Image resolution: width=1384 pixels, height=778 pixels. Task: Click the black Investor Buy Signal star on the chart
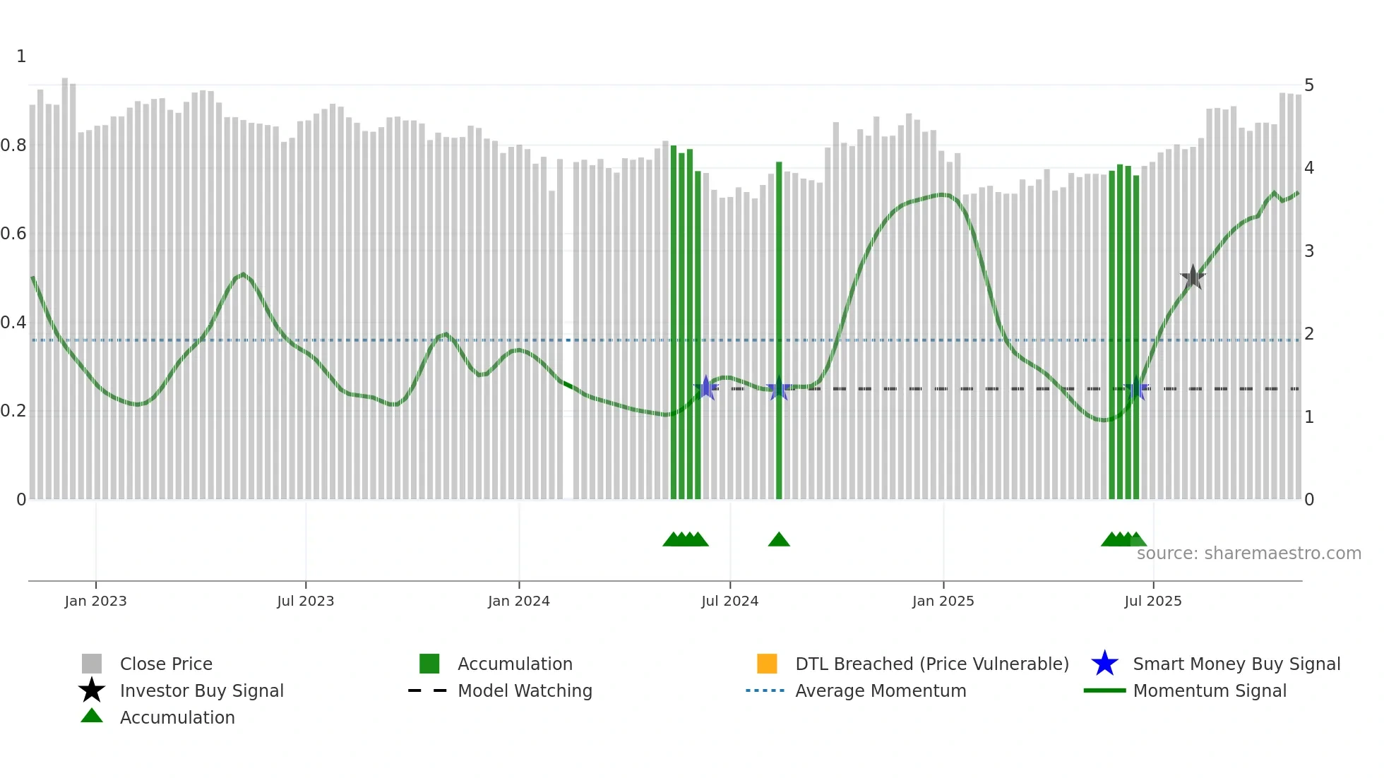coord(1193,277)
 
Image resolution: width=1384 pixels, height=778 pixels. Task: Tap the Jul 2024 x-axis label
coord(729,601)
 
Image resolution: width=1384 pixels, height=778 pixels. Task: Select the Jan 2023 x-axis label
coord(95,601)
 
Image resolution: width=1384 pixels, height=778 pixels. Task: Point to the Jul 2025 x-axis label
coord(1152,601)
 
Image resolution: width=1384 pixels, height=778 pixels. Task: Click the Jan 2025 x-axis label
coord(943,601)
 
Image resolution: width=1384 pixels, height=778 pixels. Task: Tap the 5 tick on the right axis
coord(1309,85)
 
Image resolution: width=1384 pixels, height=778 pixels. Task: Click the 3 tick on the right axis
coord(1309,251)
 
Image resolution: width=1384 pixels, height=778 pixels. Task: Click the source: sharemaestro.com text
coord(1248,553)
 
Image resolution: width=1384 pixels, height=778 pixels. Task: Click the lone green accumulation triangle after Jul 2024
coord(779,540)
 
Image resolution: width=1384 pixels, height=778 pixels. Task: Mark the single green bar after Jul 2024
coord(779,332)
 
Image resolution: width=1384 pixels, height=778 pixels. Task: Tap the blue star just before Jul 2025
coord(1136,389)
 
